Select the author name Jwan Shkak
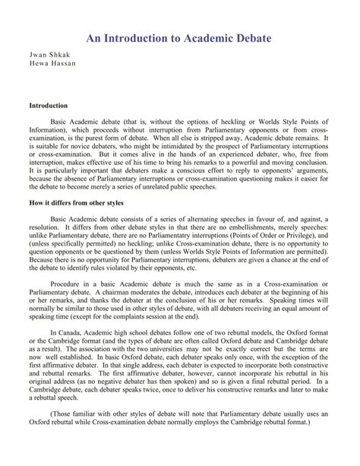coord(47,57)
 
